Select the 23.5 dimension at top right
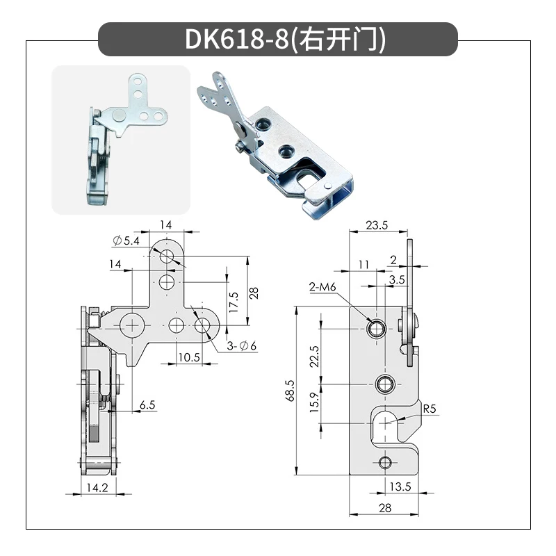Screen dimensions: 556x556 (x=377, y=225)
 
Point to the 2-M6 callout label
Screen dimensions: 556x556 (x=325, y=286)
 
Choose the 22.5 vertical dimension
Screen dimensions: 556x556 (x=314, y=356)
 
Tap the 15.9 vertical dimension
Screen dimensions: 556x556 (x=314, y=402)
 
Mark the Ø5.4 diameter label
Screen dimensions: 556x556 (x=127, y=240)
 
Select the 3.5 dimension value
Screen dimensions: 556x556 (x=397, y=279)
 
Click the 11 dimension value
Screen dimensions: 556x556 (x=364, y=264)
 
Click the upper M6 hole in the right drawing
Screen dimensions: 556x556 (x=377, y=327)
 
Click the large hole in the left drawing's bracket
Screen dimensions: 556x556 (x=131, y=325)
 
